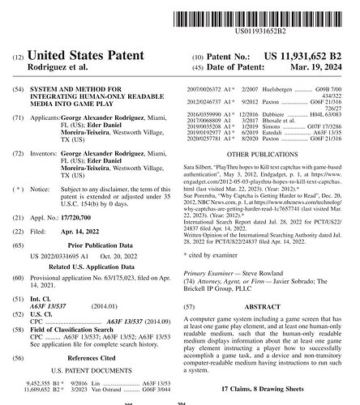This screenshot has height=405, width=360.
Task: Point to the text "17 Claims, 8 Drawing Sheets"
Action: [269, 389]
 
